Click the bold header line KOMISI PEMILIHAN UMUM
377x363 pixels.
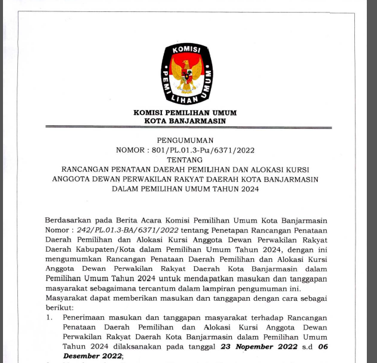coord(185,112)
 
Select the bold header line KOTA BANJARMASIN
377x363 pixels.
coord(185,121)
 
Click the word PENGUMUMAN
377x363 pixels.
coord(185,141)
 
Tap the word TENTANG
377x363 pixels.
coord(185,160)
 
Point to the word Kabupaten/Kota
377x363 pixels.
coord(102,249)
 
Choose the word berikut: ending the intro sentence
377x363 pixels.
coord(59,307)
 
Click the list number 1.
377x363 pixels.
coord(50,318)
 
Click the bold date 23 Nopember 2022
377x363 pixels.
coord(258,346)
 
